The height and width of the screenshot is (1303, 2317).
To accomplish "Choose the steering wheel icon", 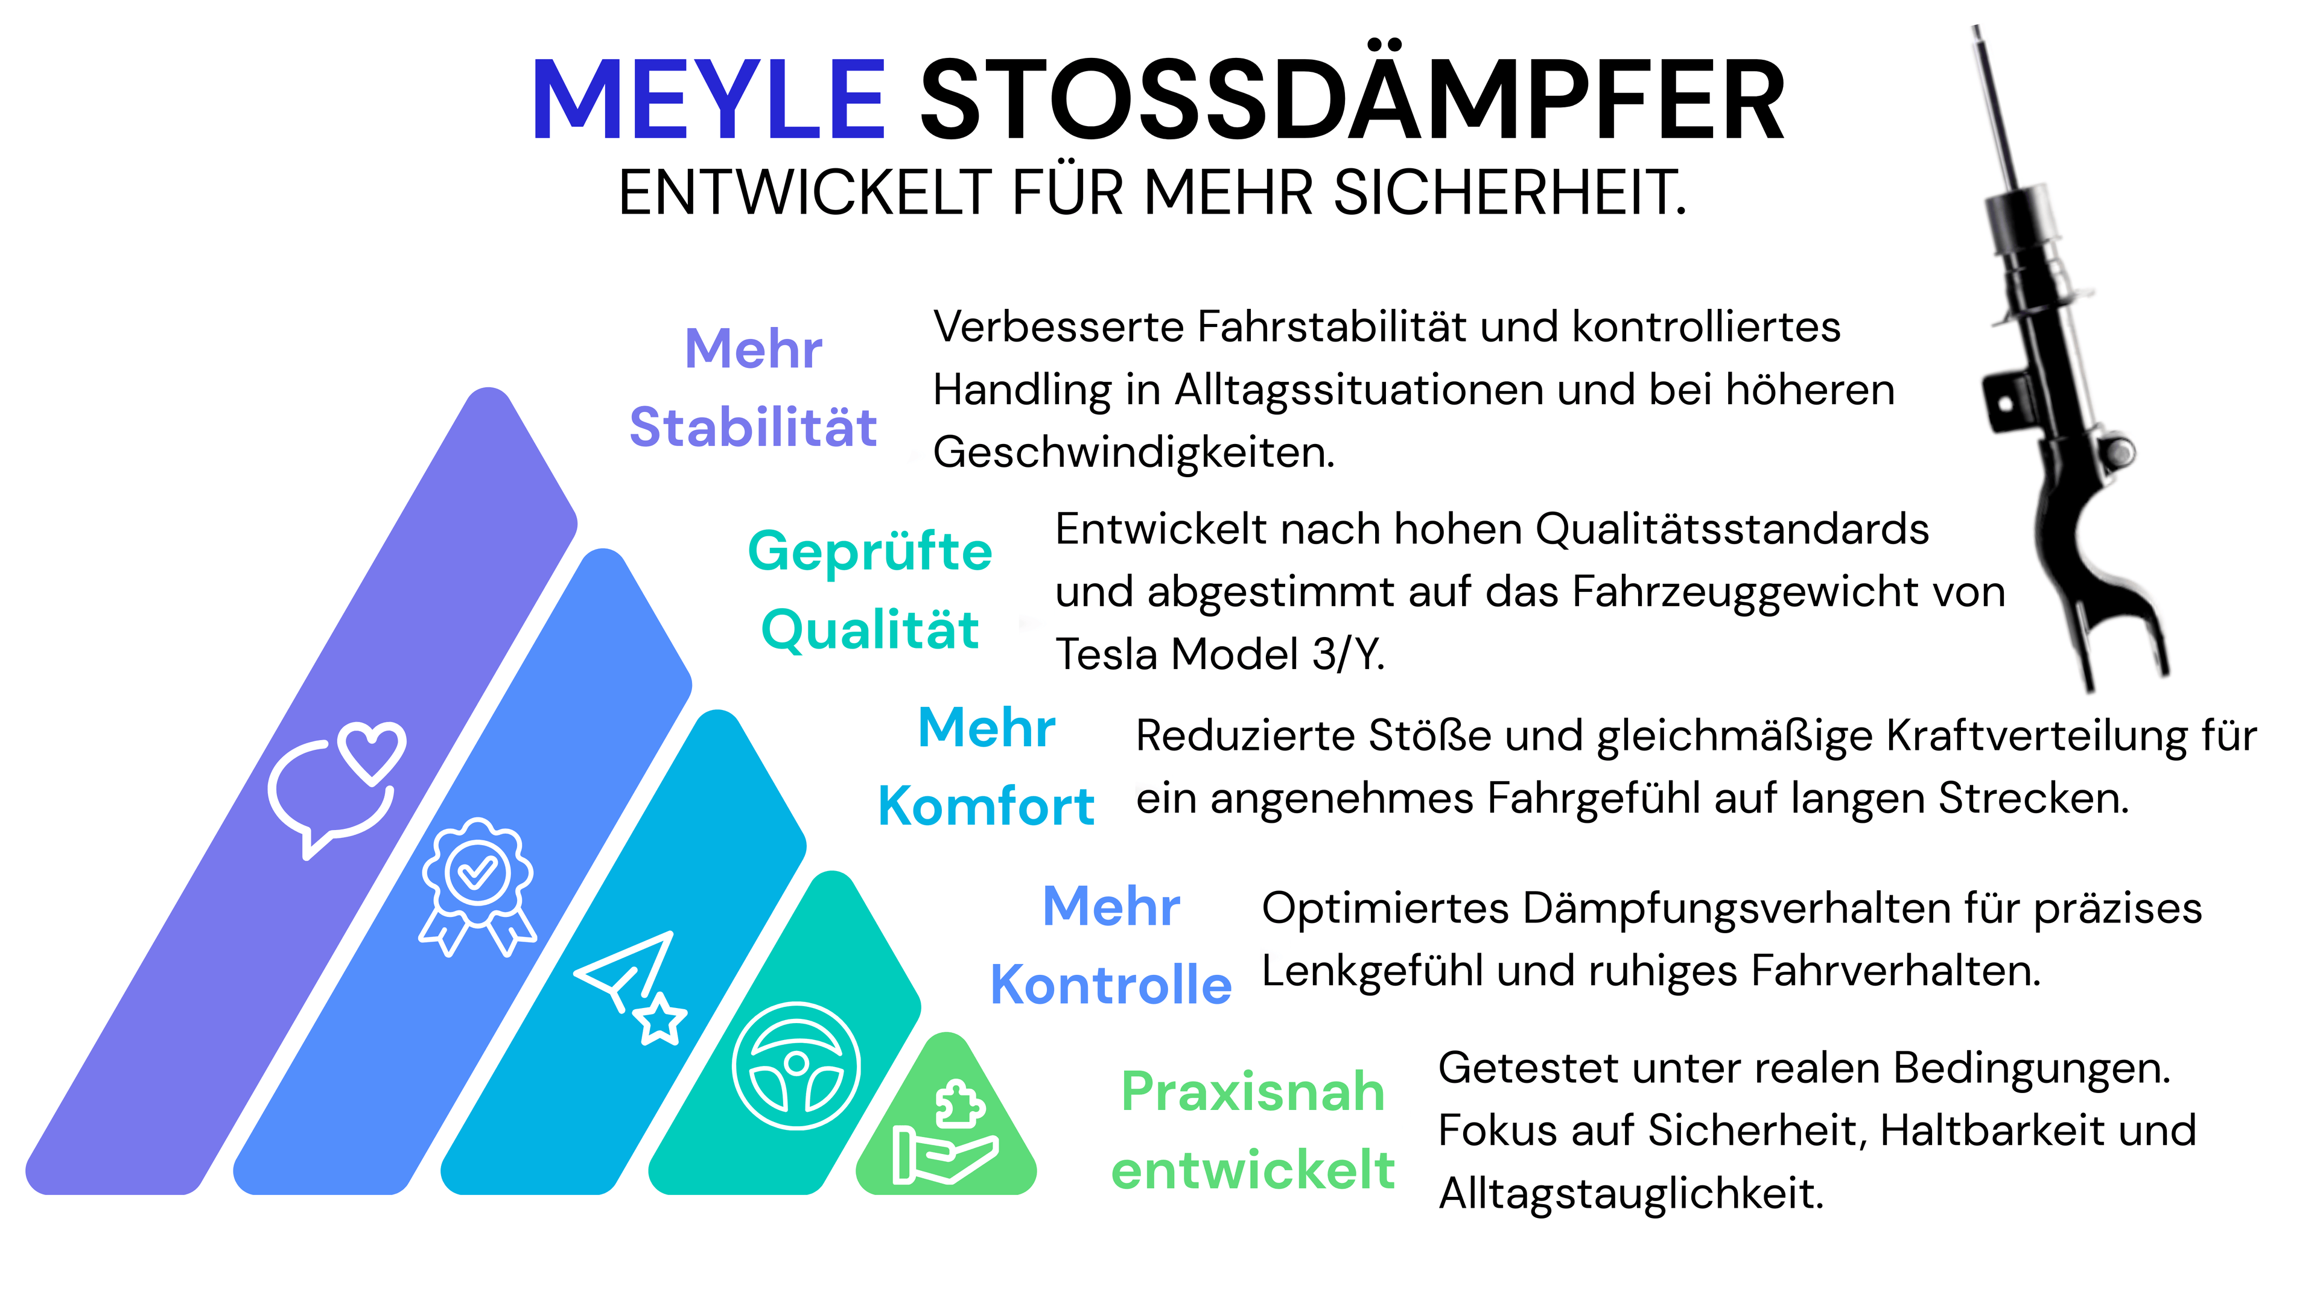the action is pyautogui.click(x=795, y=1065).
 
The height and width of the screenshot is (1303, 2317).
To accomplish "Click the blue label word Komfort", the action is pyautogui.click(x=986, y=806).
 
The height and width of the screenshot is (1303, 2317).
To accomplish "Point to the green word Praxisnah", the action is pyautogui.click(x=1253, y=1092).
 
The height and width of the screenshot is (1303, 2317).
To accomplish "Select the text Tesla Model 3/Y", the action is pyautogui.click(x=1219, y=654).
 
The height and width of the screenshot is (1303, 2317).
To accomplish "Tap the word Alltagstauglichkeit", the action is pyautogui.click(x=1631, y=1194).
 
